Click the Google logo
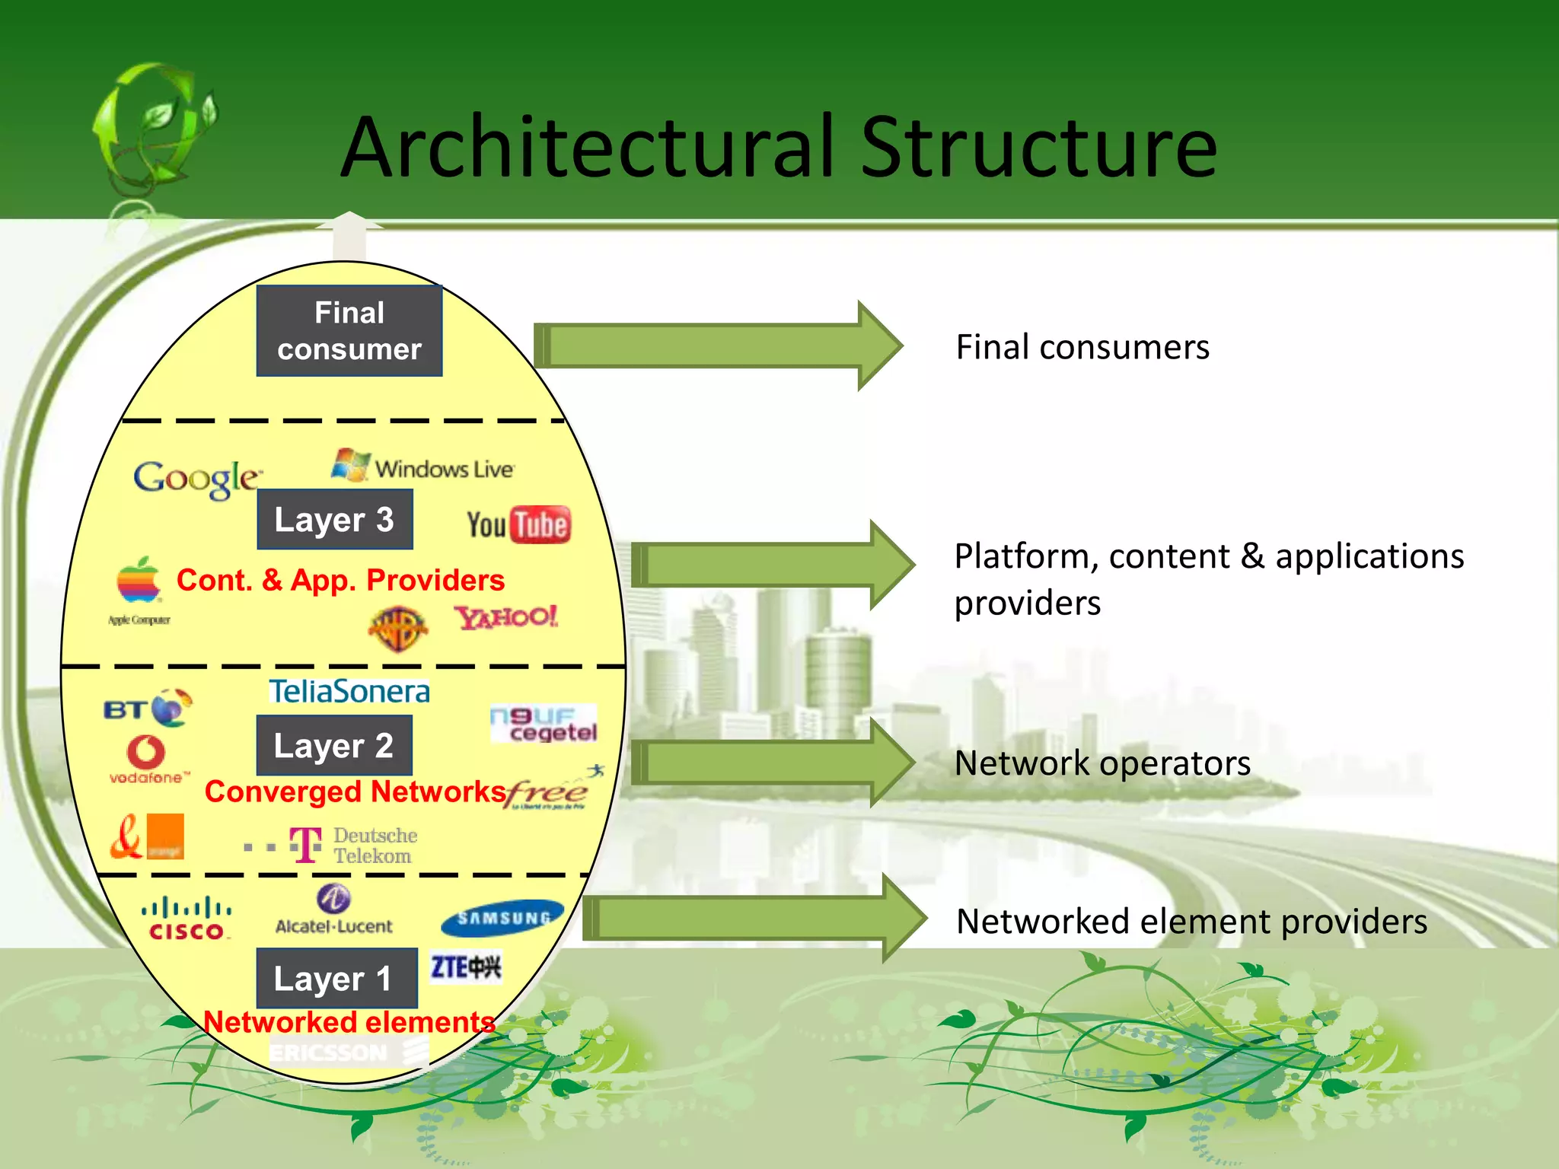pyautogui.click(x=196, y=479)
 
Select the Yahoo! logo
pyautogui.click(x=506, y=616)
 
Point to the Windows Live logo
pyautogui.click(x=423, y=466)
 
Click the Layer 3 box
pyautogui.click(x=335, y=520)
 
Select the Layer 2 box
pyautogui.click(x=334, y=746)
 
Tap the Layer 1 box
pyautogui.click(x=336, y=978)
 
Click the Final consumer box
pyautogui.click(x=349, y=331)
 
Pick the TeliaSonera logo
pyautogui.click(x=349, y=691)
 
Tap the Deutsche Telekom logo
pyautogui.click(x=353, y=846)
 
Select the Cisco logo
pyautogui.click(x=187, y=919)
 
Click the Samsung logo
pyautogui.click(x=502, y=918)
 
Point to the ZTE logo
pyautogui.click(x=466, y=967)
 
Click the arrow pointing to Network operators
pyautogui.click(x=773, y=762)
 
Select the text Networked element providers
pyautogui.click(x=1191, y=922)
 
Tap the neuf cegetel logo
pyautogui.click(x=544, y=724)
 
